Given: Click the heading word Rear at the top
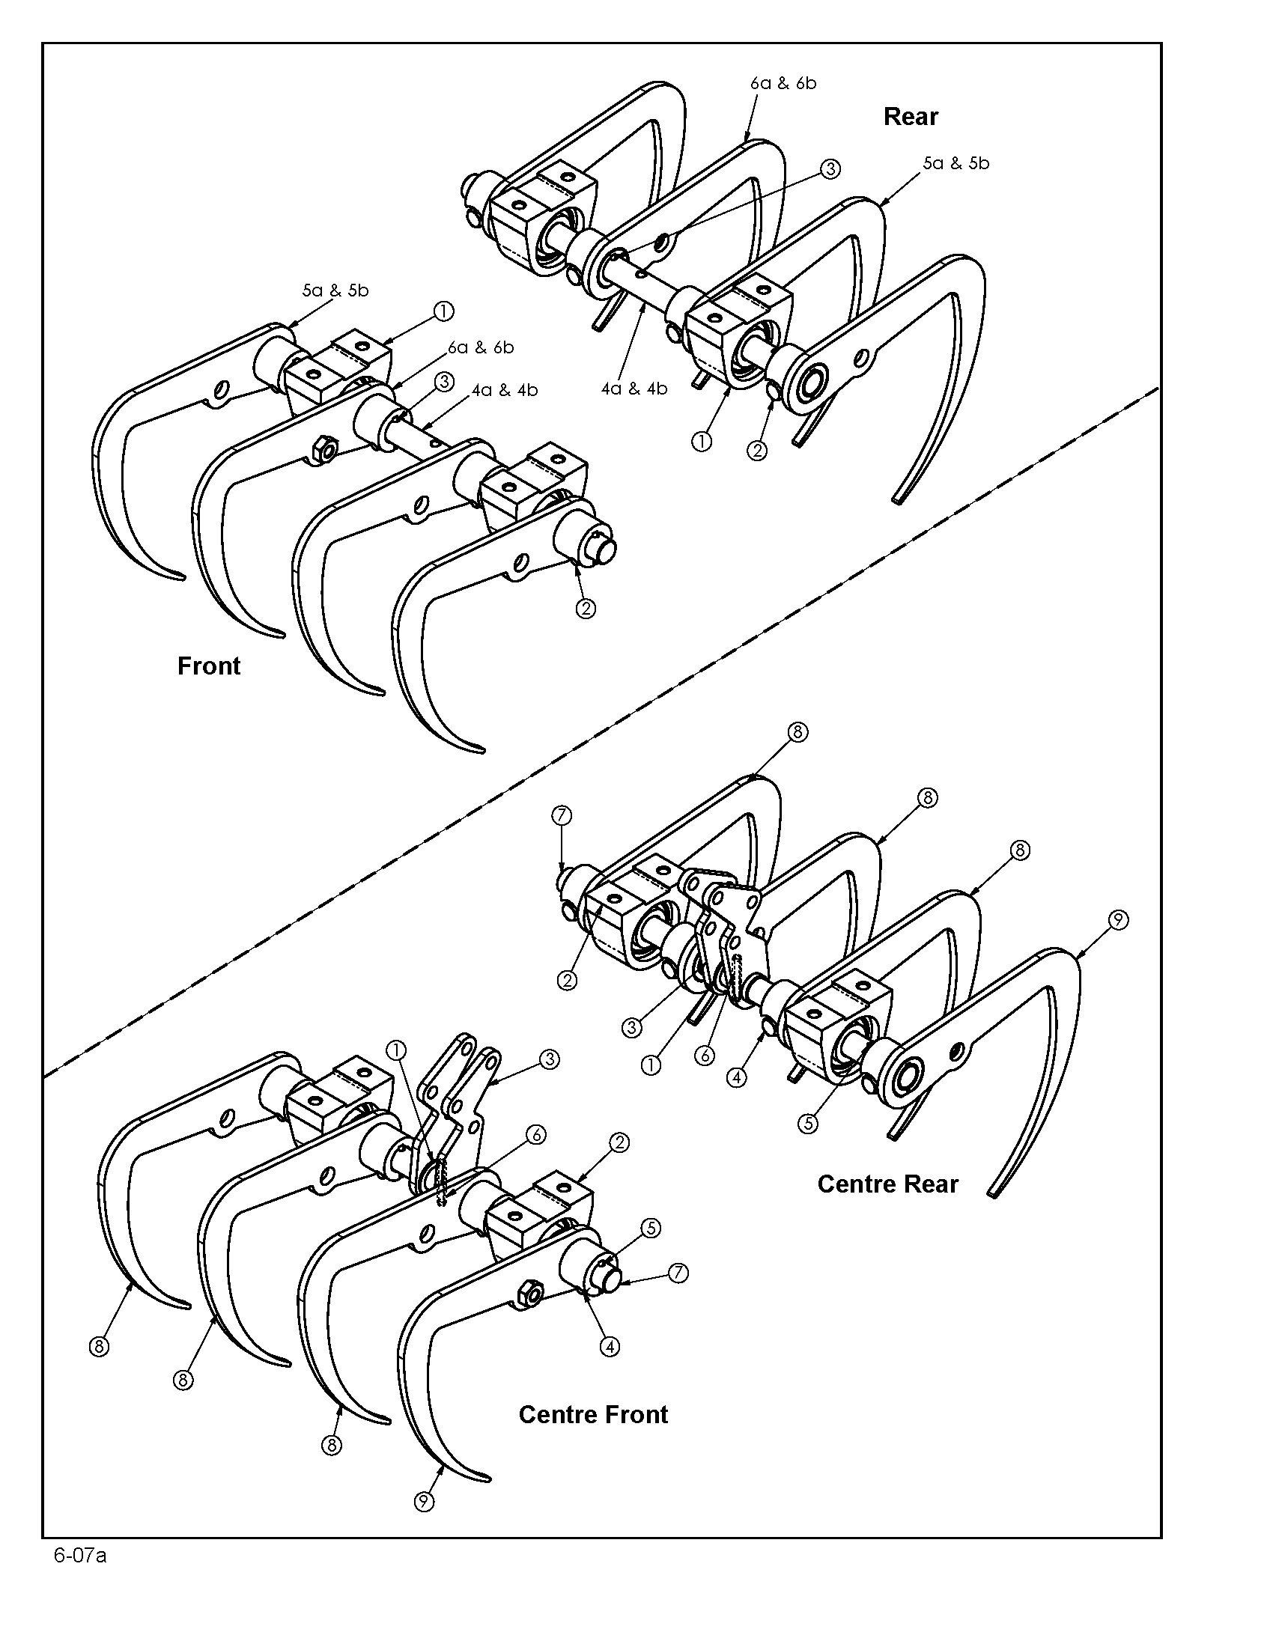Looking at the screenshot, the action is (911, 117).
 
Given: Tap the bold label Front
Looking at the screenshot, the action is (209, 666).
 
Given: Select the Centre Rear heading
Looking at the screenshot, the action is (887, 1184).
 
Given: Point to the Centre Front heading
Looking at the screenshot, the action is (594, 1414).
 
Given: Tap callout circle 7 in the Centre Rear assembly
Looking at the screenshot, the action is (562, 815).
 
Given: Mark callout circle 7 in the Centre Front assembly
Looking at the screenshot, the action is (678, 1273).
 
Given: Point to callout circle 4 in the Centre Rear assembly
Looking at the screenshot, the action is (737, 1077).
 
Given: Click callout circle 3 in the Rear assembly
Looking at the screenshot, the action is (830, 169).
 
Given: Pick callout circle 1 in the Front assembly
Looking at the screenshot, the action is (443, 311).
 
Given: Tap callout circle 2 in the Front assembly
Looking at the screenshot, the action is (586, 609).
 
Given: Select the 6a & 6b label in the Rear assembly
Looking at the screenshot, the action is (783, 83).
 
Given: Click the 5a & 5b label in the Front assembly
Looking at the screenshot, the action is (335, 290).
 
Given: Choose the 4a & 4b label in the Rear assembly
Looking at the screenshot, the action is (634, 389).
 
